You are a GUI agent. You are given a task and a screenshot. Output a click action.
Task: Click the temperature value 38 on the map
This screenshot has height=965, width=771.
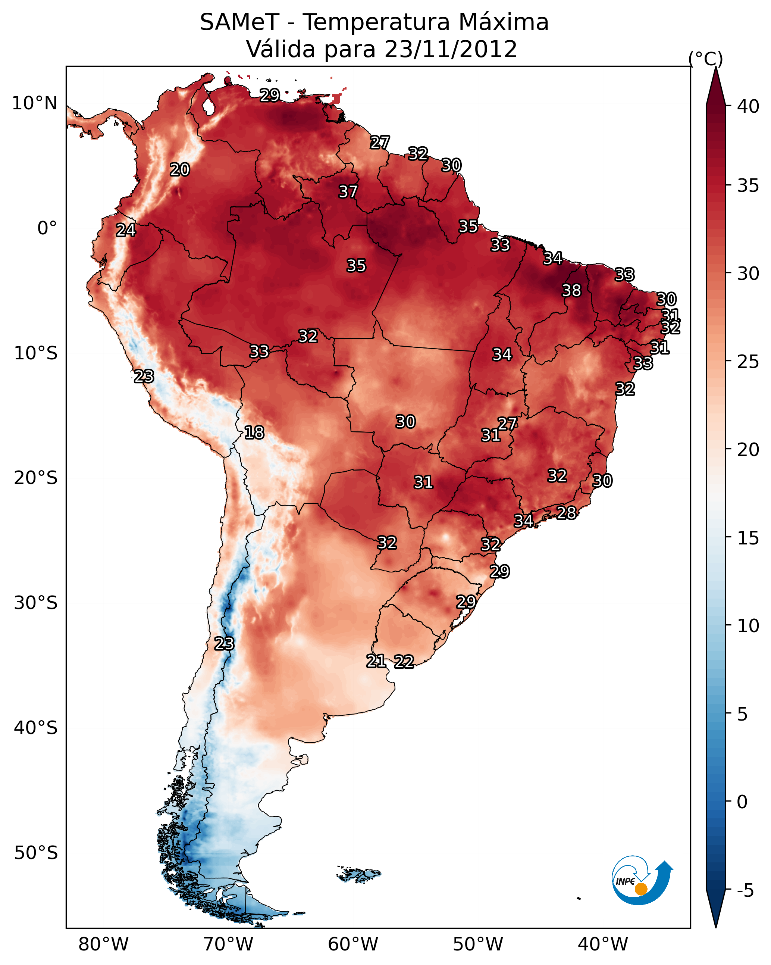571,290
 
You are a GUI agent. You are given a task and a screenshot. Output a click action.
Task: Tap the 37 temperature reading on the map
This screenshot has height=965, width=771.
348,191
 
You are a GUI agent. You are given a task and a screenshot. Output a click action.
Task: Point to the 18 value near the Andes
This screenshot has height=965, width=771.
254,432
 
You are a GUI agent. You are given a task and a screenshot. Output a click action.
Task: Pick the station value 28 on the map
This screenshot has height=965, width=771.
566,512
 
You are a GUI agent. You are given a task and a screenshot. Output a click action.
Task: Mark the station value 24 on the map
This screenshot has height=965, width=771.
126,230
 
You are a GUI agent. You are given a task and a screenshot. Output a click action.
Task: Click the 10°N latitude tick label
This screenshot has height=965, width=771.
34,103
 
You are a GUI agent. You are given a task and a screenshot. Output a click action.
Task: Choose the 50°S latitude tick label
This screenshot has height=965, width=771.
36,853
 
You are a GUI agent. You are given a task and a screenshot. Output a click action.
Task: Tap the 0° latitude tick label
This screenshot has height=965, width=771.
47,228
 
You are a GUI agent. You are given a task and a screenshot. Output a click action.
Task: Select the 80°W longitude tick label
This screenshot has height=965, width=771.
103,944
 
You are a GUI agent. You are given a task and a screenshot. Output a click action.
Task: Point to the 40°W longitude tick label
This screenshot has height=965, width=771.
603,944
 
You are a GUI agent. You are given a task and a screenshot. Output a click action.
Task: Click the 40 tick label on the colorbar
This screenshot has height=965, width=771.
748,106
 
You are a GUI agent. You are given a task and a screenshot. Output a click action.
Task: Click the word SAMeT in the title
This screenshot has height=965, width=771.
240,22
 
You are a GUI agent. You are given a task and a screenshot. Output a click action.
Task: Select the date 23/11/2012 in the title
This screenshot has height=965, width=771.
451,49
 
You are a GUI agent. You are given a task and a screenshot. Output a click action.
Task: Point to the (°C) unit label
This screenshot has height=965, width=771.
706,59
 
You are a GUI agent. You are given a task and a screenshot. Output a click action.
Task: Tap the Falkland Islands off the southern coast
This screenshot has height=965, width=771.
358,873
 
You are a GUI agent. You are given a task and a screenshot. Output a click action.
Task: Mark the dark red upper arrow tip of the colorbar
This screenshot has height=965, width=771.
715,68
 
